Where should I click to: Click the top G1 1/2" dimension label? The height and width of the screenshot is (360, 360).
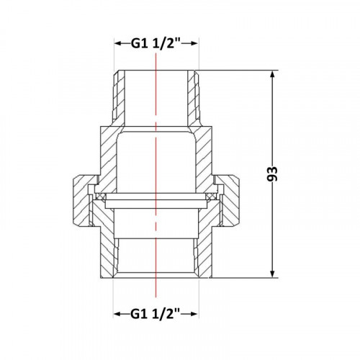[x=156, y=43]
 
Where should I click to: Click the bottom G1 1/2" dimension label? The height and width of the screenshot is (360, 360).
[x=156, y=314]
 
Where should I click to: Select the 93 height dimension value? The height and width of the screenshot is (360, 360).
[x=272, y=174]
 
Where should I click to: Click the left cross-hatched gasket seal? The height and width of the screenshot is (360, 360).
[x=100, y=197]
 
